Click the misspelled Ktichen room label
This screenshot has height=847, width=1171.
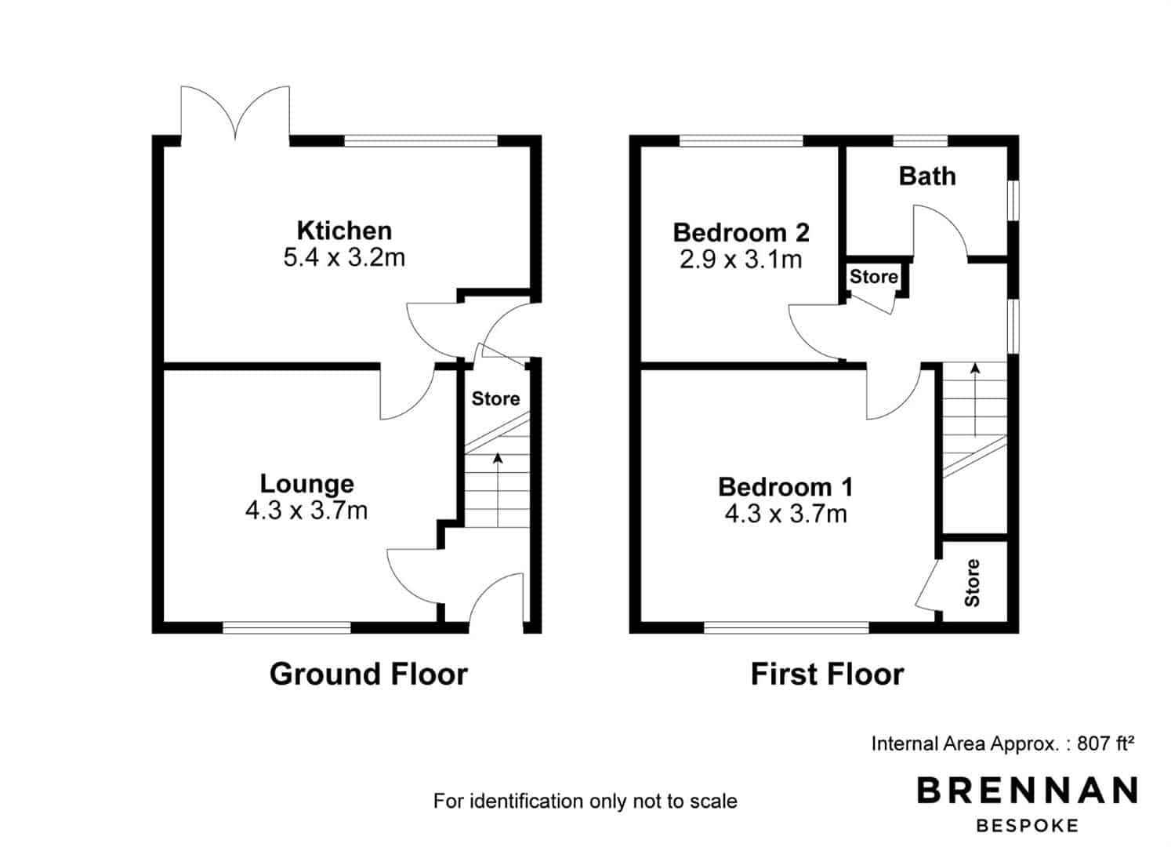[x=345, y=231]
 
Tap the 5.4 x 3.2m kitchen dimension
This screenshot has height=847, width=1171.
[x=345, y=257]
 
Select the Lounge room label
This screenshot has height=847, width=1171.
[x=307, y=485]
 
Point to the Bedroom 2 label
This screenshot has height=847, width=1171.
[x=741, y=233]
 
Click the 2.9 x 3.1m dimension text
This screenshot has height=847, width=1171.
[x=741, y=260]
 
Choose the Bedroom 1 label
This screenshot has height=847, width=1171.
[x=785, y=487]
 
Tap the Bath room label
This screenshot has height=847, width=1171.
[x=927, y=176]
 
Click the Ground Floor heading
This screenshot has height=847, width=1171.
[x=368, y=674]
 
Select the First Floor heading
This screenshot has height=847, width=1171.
[x=828, y=674]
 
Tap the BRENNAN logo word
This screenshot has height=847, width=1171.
[x=1028, y=790]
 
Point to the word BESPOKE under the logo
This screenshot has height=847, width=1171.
[x=1028, y=826]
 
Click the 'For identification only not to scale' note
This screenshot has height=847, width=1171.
[x=585, y=801]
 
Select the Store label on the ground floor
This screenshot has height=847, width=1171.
[x=495, y=399]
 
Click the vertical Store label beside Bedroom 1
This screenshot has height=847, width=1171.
[x=972, y=583]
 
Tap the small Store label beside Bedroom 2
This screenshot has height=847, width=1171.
[x=873, y=277]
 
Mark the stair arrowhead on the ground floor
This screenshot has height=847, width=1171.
[x=498, y=458]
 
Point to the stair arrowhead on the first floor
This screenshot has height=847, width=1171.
[x=975, y=369]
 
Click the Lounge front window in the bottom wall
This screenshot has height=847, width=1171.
[x=287, y=627]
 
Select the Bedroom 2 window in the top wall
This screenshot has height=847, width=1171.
[x=741, y=140]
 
